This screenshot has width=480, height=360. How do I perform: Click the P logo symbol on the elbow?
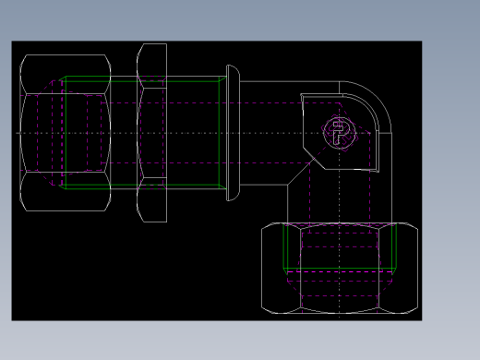[x=341, y=133]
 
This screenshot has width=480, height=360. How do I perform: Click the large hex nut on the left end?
[x=65, y=132]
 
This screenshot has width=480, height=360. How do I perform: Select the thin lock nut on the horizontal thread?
[x=151, y=132]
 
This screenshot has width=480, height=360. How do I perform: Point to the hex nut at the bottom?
[x=337, y=267]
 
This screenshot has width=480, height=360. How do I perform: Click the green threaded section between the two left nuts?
[x=124, y=132]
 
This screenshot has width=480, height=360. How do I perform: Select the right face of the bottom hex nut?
[x=403, y=267]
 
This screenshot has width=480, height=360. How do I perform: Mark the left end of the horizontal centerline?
[x=18, y=133]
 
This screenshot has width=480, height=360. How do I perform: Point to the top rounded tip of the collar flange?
[x=232, y=68]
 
